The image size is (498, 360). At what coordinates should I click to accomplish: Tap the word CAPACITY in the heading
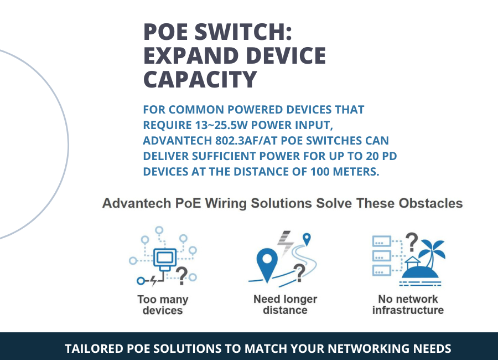(x=200, y=79)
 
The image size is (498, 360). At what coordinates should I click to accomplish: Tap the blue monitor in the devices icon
(x=164, y=257)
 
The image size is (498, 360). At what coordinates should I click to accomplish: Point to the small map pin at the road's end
(x=307, y=239)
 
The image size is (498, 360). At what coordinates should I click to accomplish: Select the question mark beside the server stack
(x=411, y=241)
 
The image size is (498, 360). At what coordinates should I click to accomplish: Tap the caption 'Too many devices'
(x=163, y=305)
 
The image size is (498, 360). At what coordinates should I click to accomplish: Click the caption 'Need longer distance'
(x=285, y=305)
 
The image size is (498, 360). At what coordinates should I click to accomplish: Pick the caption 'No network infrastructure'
(x=408, y=305)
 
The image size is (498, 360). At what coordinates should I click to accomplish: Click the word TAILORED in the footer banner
(x=93, y=349)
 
